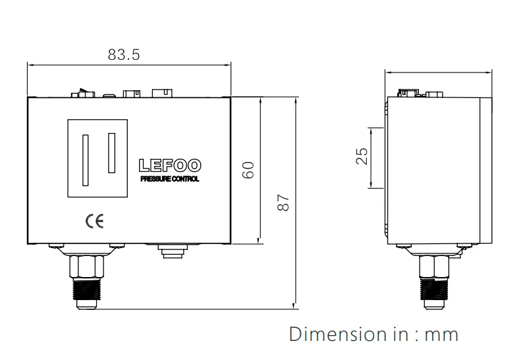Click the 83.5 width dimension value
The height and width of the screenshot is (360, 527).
point(124,55)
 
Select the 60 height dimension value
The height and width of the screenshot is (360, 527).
point(248,169)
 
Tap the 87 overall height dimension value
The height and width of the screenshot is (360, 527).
point(283,202)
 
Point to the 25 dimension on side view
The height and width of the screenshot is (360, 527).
point(362,157)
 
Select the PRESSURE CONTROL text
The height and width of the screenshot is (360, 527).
point(171,178)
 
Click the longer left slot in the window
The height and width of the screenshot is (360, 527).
point(84,160)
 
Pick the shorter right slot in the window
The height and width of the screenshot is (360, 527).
point(111,152)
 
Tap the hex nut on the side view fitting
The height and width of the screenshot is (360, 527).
point(436,266)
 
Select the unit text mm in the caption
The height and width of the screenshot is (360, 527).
point(441,334)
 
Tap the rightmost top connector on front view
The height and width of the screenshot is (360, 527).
point(161,92)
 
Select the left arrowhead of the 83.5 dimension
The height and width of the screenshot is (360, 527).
point(30,64)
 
